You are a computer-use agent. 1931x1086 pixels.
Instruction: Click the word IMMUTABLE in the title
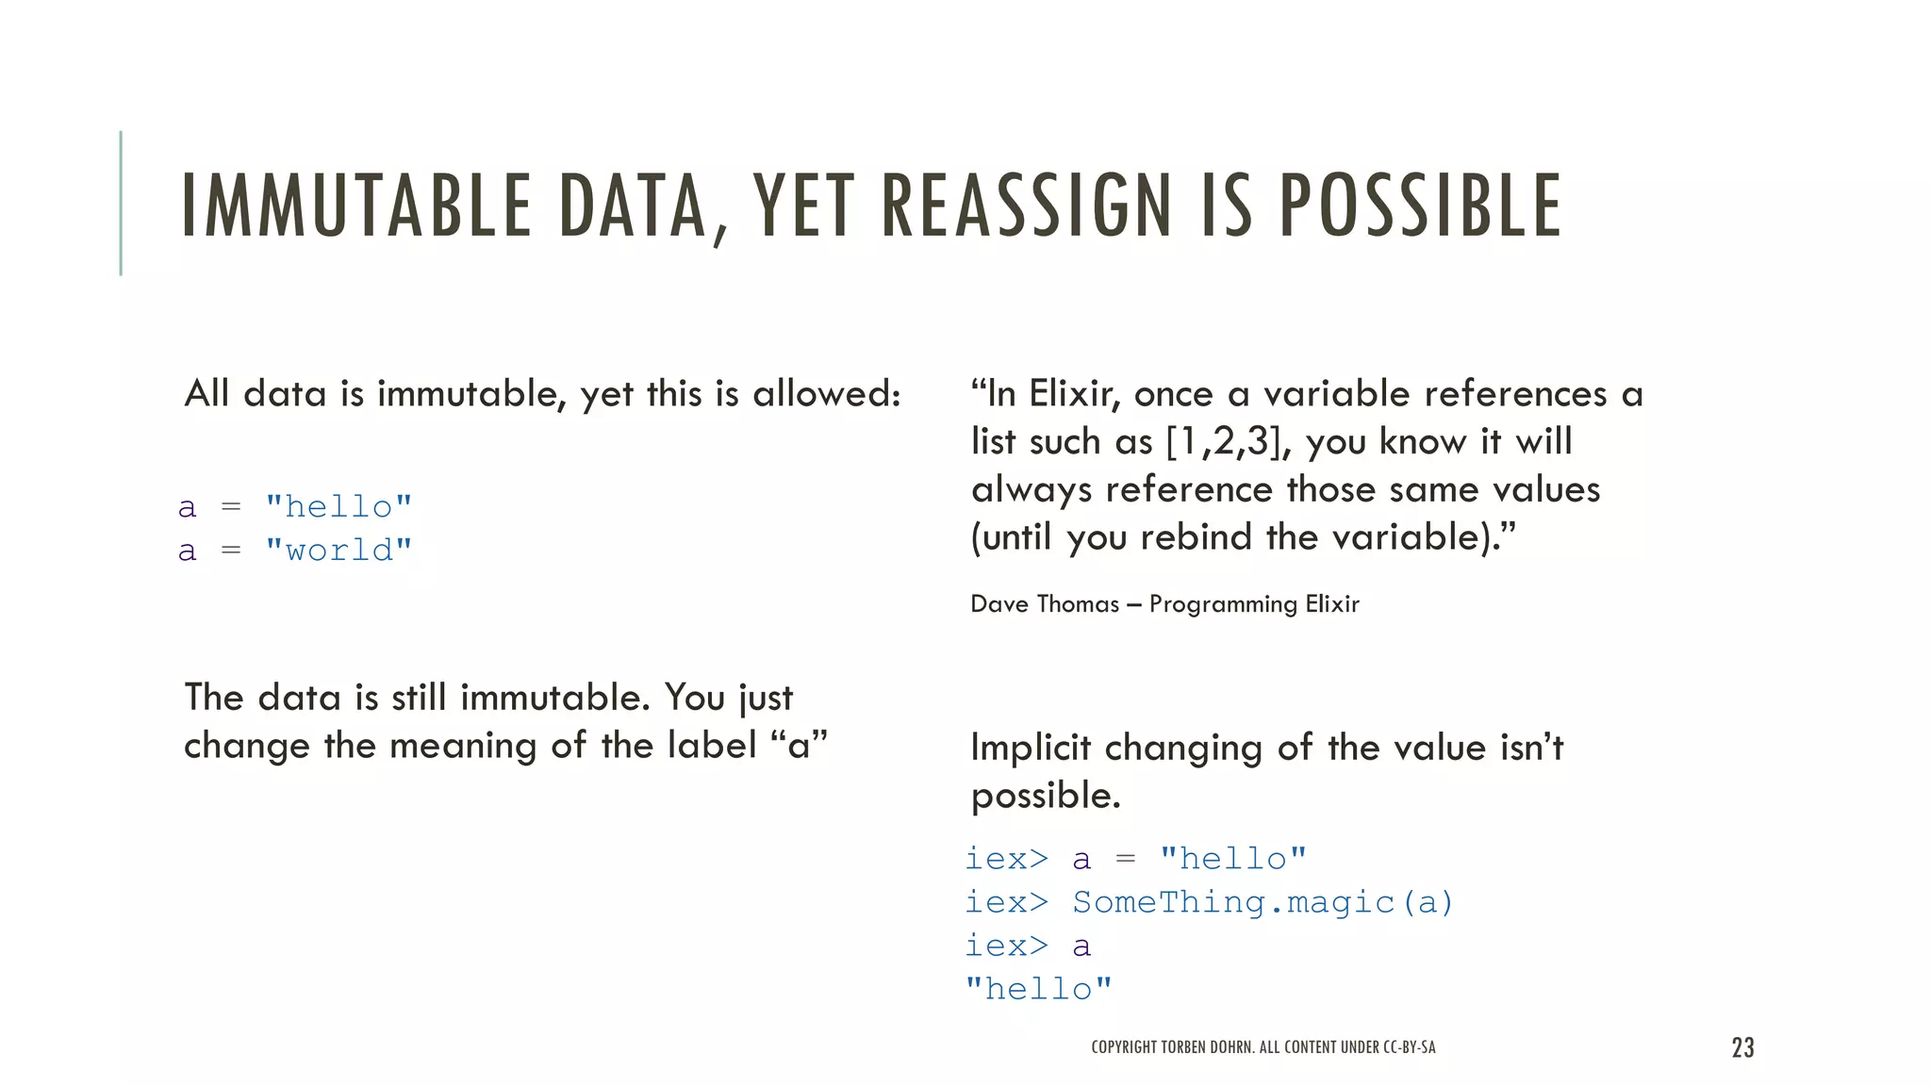[356, 206]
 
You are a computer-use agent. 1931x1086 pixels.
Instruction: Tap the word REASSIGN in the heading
[1027, 206]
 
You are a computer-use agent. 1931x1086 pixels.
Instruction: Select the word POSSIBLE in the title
[1421, 206]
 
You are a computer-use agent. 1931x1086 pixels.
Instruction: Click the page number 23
[1742, 1047]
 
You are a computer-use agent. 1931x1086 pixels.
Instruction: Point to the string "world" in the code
[338, 551]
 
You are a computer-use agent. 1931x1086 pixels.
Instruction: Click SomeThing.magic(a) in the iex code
[1263, 903]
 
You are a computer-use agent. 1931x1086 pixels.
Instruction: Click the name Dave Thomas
[1045, 604]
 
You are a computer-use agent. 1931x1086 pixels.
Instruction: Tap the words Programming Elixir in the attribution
[1254, 604]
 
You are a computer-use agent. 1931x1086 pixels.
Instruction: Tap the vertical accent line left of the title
[121, 203]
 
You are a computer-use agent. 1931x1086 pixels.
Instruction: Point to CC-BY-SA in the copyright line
[1409, 1047]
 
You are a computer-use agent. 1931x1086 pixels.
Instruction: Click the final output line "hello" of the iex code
[1038, 989]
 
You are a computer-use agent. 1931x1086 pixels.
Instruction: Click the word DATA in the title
[633, 206]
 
